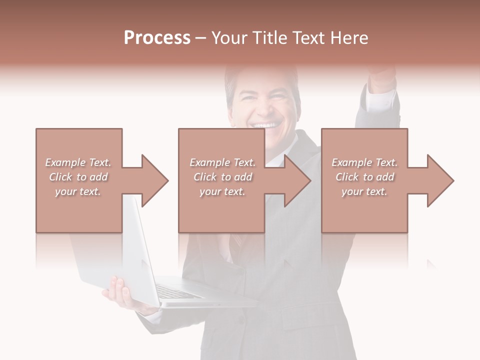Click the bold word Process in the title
[x=157, y=38]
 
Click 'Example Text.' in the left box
[x=78, y=162]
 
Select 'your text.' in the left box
[x=78, y=191]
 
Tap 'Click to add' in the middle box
[x=222, y=177]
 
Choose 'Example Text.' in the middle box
[x=222, y=162]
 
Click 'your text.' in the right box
[x=364, y=191]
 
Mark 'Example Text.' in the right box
[x=364, y=162]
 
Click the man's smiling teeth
[x=265, y=125]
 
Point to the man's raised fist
[x=382, y=75]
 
